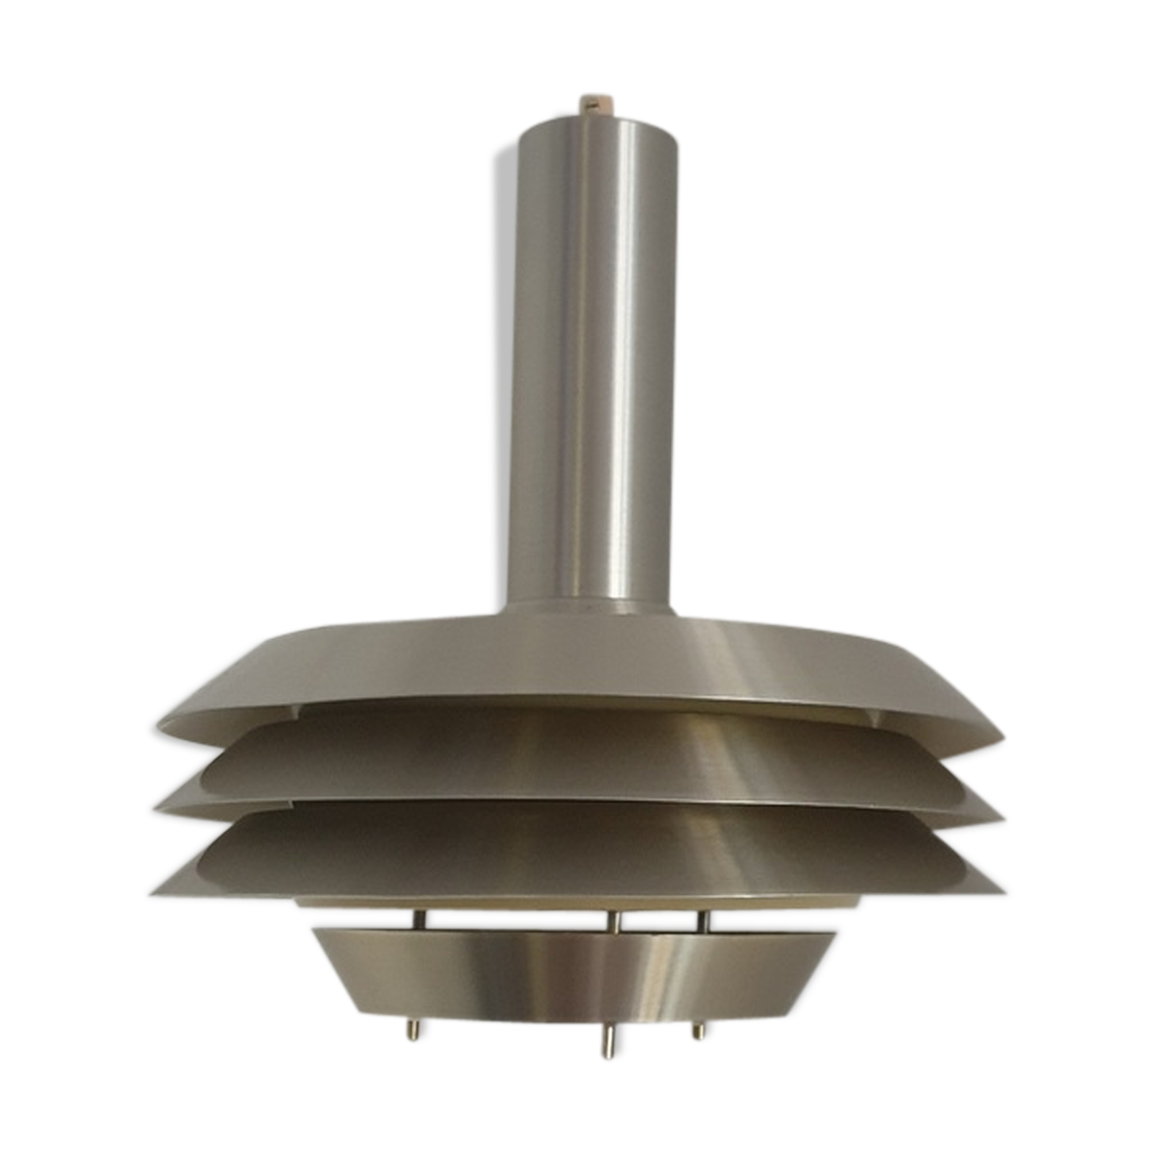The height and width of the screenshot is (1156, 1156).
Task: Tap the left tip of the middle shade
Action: (x=152, y=801)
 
